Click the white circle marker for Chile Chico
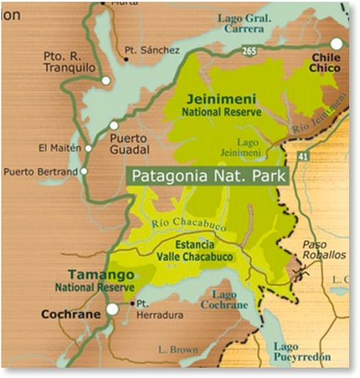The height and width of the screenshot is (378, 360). [336, 43]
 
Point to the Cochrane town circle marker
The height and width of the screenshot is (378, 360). [112, 309]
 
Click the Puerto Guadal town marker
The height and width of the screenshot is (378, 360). [114, 125]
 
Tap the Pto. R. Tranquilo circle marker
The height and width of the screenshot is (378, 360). [106, 80]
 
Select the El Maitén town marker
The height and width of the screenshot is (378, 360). [88, 147]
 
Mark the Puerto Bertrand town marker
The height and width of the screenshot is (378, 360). [84, 171]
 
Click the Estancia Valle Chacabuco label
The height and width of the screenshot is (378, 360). [195, 251]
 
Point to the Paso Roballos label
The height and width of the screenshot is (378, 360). [326, 249]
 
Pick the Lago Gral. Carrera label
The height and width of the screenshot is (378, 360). [241, 24]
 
